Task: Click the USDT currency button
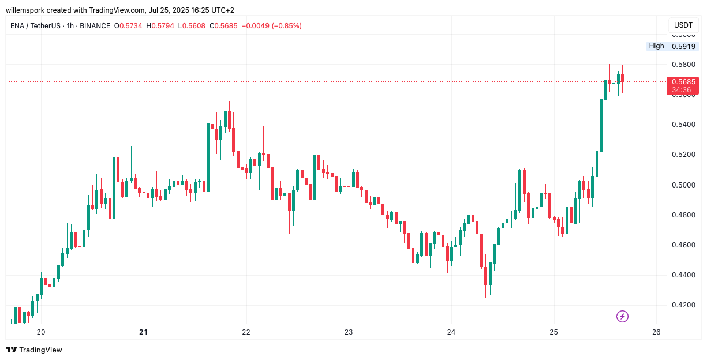pos(683,25)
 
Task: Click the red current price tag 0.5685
pos(683,82)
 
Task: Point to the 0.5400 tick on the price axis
pos(683,125)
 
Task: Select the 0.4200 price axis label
pos(683,305)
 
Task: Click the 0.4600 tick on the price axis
pos(683,245)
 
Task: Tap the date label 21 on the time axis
pos(144,332)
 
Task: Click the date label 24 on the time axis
pos(451,332)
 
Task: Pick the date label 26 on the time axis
pos(656,332)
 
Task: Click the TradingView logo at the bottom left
pos(34,350)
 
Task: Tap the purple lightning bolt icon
pos(622,316)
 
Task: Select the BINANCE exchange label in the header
pos(95,26)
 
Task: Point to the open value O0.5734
pos(128,26)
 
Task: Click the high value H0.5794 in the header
pos(160,26)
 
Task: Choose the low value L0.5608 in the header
pos(192,26)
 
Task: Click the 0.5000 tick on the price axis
pos(683,185)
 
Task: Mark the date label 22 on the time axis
pos(246,332)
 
